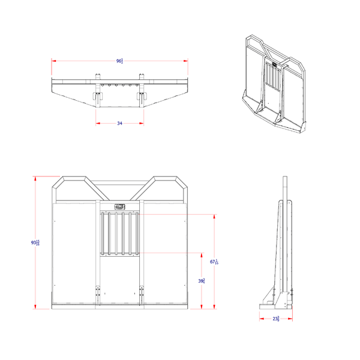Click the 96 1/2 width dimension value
pos(120,61)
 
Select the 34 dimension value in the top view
pos(119,123)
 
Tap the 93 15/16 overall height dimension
pos(35,242)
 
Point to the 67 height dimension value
pos(214,262)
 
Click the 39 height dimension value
pos(202,281)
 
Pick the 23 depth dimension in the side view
pos(276,319)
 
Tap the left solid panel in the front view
pos(75,252)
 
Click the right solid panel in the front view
pos(165,252)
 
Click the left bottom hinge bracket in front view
pos(98,295)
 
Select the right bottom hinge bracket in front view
pos(142,295)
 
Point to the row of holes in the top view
pos(120,85)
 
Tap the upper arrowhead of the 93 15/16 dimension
pos(35,178)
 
